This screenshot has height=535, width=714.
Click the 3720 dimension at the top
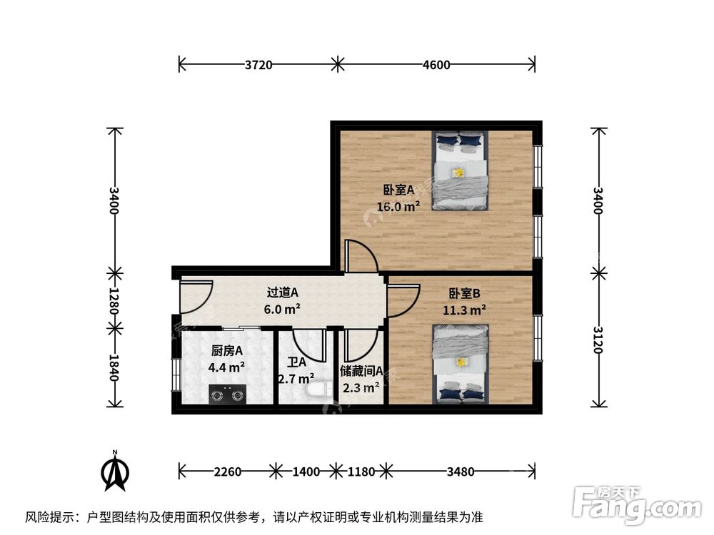pos(258,65)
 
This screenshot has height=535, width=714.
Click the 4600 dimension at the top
pos(436,65)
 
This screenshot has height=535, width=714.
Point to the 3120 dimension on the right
pos(598,341)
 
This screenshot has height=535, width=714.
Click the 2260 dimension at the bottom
pos(228,471)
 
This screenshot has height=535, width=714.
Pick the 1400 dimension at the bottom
pos(306,471)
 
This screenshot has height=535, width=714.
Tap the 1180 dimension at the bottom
pos(361,471)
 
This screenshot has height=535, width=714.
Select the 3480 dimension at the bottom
pos(461,471)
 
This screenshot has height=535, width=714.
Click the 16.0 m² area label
pos(398,207)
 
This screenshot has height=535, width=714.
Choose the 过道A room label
pos(282,292)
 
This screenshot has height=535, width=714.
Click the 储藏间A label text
pos(361,371)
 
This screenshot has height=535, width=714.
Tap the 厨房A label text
pos(227,351)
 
